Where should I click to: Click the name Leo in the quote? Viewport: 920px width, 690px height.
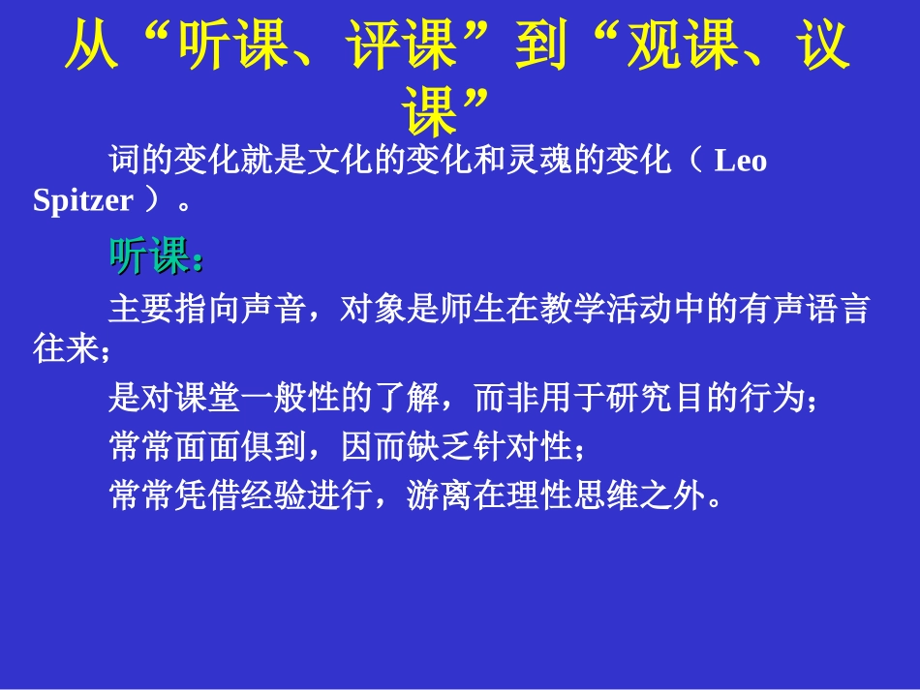(x=740, y=161)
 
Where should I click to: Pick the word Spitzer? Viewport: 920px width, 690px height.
(x=82, y=200)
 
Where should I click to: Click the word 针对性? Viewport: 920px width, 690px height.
(x=522, y=448)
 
